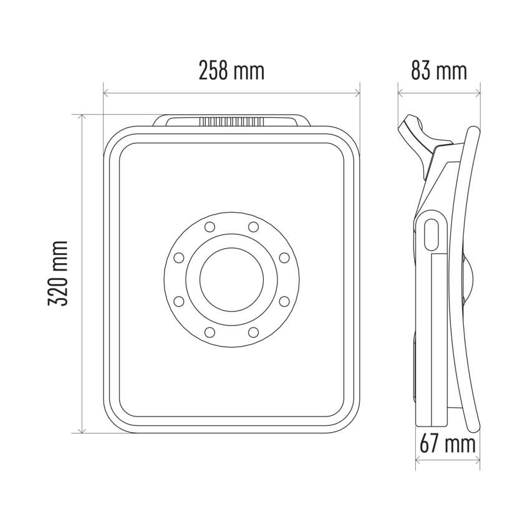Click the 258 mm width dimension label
[x=231, y=70]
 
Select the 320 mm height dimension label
[x=58, y=274]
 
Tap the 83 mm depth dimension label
[x=439, y=70]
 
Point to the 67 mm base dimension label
[x=448, y=444]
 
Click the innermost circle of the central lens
[x=231, y=279]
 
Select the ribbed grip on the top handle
[x=231, y=122]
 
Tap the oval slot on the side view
[x=431, y=235]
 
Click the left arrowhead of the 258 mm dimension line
[x=106, y=93]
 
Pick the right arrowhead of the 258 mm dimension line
[x=357, y=93]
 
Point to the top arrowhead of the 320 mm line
[x=82, y=117]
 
